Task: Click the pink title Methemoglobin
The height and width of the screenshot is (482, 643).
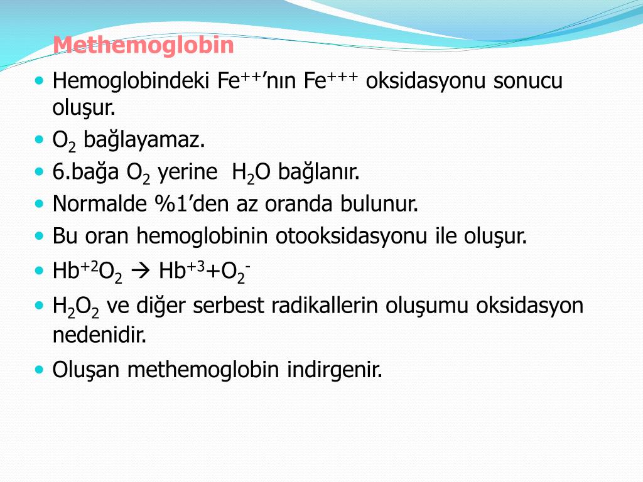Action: pyautogui.click(x=143, y=45)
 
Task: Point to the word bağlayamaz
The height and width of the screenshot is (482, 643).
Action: pyautogui.click(x=144, y=140)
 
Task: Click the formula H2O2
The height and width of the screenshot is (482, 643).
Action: pyautogui.click(x=76, y=307)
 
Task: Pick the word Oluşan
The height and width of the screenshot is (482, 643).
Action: pyautogui.click(x=87, y=370)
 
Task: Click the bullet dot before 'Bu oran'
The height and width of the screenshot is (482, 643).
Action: pyautogui.click(x=40, y=237)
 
